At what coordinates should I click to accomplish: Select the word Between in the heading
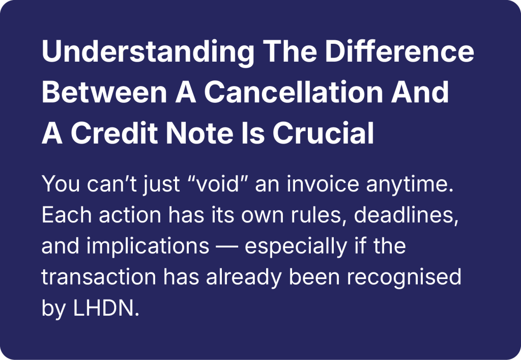tap(104, 92)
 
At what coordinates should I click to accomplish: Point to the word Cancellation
tap(294, 92)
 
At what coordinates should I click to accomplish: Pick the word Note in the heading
tap(199, 133)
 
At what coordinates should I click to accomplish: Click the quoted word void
tap(217, 183)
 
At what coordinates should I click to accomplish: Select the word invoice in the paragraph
tap(323, 183)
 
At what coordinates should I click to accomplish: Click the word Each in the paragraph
tap(67, 215)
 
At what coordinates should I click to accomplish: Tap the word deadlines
tap(406, 215)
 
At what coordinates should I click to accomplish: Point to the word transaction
tap(99, 277)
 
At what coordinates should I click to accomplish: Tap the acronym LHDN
tap(106, 308)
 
